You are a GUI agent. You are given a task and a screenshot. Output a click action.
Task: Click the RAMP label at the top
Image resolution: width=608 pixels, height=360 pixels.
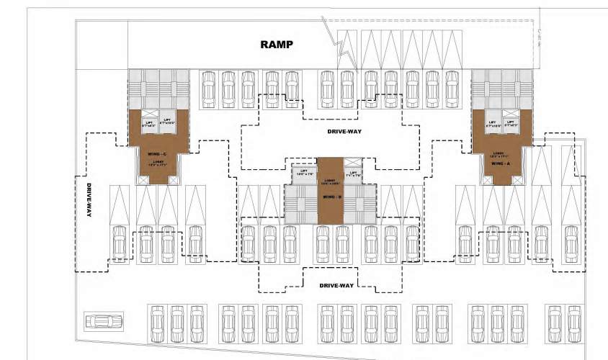coord(277,45)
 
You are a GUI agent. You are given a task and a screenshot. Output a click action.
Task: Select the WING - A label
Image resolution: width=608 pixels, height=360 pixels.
coord(498,163)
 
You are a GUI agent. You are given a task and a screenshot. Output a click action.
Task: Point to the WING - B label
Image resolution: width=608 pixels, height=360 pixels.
coord(331,197)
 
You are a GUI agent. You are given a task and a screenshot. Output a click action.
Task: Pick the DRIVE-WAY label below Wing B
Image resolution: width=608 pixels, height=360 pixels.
coord(336,286)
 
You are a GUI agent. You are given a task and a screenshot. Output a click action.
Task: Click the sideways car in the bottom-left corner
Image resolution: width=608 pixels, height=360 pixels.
coord(103,320)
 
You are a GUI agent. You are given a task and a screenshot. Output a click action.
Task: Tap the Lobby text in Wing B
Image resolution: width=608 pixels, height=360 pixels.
coord(331,182)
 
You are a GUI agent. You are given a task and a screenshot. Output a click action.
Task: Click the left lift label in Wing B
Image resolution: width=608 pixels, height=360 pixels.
coord(303,173)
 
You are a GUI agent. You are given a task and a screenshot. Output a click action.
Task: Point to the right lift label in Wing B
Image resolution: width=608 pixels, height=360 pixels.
coord(353,174)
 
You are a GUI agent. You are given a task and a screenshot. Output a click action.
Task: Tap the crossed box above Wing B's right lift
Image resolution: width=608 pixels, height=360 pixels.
coord(352,162)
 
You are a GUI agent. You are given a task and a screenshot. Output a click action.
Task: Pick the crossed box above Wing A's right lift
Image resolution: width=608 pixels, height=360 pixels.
coord(512,112)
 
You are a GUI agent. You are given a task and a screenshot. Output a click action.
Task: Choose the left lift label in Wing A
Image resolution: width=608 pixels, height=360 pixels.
coord(493,124)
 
